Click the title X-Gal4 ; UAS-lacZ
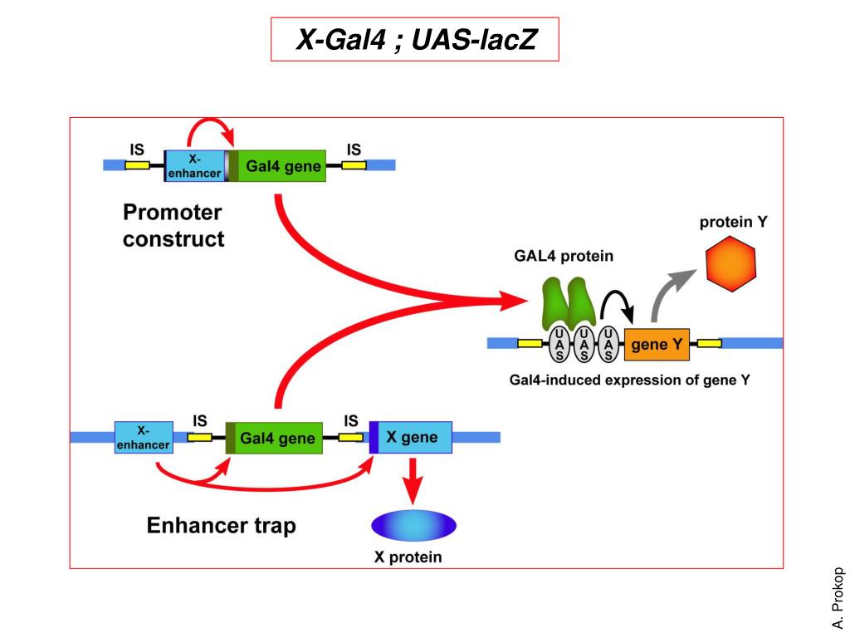pos(416,40)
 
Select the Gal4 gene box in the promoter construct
pos(277,166)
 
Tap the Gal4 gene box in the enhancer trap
pos(274,438)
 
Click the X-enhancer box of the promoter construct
pos(194,166)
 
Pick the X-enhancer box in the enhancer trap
pos(144,437)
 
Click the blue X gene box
pos(410,437)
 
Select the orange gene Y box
pos(657,345)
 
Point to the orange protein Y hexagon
pos(730,263)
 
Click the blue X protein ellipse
pos(413,525)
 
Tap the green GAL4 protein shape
pos(569,304)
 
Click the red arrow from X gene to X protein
pos(413,481)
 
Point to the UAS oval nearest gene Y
pos(608,345)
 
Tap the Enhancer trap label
pos(221,525)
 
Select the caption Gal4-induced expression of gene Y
pos(629,380)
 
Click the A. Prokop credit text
pos(838,598)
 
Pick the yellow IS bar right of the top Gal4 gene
pos(354,164)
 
